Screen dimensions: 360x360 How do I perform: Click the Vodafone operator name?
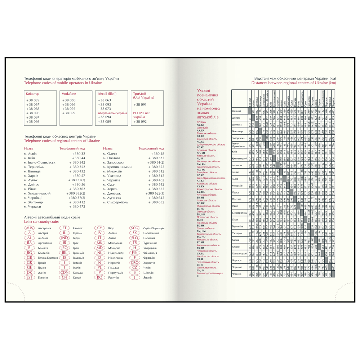tap(69, 94)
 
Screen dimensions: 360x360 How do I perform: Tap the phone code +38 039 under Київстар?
tap(33, 100)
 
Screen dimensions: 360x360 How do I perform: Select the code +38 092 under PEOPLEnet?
tap(140, 121)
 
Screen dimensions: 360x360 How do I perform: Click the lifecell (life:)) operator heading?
tap(107, 94)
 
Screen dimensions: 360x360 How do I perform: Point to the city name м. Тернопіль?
tap(34, 167)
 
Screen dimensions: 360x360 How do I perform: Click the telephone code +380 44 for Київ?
tap(79, 158)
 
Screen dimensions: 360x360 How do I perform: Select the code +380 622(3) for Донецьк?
tap(155, 194)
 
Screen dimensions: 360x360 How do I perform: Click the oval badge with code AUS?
tap(30, 228)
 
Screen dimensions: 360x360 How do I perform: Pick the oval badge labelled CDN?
tap(65, 272)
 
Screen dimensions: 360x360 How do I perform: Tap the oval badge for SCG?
tap(135, 228)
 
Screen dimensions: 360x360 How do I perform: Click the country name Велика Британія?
tap(48, 258)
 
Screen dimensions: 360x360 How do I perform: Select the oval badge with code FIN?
tap(135, 253)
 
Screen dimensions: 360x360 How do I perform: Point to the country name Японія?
tap(148, 277)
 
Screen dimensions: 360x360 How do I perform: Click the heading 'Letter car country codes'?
tap(41, 222)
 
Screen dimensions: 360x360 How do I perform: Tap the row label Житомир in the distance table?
tap(238, 132)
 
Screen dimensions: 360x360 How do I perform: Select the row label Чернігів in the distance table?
tap(238, 274)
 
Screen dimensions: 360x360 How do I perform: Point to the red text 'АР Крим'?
tap(202, 122)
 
